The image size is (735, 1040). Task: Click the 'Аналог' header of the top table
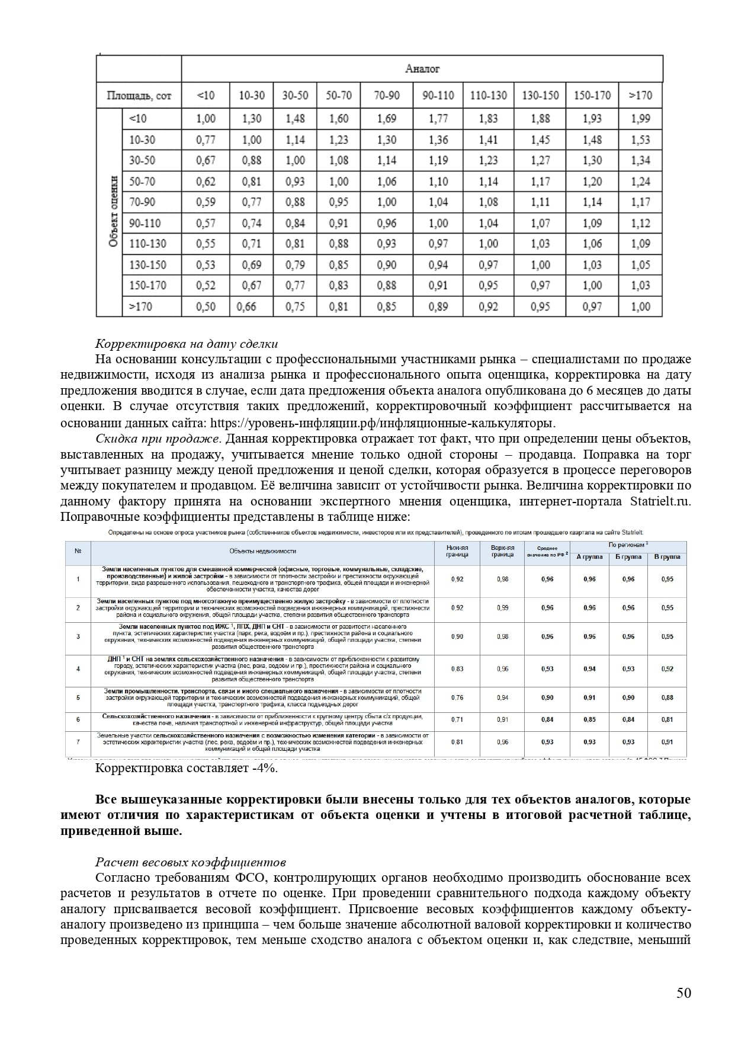tap(422, 69)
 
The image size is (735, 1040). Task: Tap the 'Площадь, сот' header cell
tap(139, 95)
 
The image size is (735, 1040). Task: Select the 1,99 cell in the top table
tap(640, 119)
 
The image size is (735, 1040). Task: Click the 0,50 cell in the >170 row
tap(206, 306)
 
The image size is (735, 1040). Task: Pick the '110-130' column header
tap(488, 95)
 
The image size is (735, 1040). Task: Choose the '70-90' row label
tap(142, 202)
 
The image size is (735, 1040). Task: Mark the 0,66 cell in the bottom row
tap(246, 306)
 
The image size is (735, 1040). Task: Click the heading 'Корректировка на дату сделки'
tap(187, 344)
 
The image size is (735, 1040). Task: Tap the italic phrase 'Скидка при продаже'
tap(158, 439)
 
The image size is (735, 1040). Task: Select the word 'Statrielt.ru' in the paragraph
tap(659, 501)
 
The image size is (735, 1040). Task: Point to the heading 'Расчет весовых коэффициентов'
tap(191, 862)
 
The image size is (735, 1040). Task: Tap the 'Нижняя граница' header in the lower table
tap(457, 551)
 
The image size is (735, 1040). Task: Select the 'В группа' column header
tap(667, 557)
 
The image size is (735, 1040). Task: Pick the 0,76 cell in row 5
tap(457, 697)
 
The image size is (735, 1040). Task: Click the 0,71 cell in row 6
tap(457, 719)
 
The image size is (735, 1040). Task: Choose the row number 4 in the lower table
tap(78, 669)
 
